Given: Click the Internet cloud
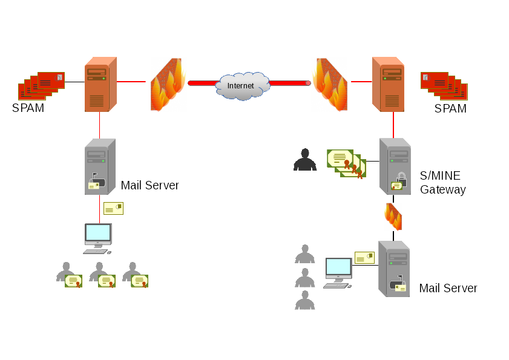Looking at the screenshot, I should pyautogui.click(x=241, y=85).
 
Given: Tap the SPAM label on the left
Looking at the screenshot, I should pyautogui.click(x=28, y=108).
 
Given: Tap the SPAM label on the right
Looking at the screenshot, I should pyautogui.click(x=450, y=109).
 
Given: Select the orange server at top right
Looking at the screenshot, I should pyautogui.click(x=388, y=85).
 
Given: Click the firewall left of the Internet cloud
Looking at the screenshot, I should pyautogui.click(x=167, y=85).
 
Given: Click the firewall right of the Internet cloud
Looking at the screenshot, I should pyautogui.click(x=330, y=85).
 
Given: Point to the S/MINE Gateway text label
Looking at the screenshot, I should pyautogui.click(x=442, y=183).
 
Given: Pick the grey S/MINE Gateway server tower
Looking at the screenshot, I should pyautogui.click(x=395, y=166).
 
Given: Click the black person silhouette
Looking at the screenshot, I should pyautogui.click(x=304, y=160).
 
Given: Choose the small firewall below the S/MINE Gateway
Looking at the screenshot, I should pyautogui.click(x=393, y=217).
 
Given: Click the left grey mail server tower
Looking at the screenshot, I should pyautogui.click(x=100, y=167).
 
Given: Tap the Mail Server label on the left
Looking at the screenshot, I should pyautogui.click(x=149, y=185).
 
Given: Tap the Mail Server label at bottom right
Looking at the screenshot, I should pyautogui.click(x=448, y=288).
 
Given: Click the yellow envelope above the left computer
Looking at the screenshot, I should pyautogui.click(x=113, y=208).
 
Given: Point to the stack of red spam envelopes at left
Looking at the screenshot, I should pyautogui.click(x=41, y=86).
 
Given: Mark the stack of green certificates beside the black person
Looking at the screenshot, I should pyautogui.click(x=346, y=163).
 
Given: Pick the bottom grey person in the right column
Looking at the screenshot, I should pyautogui.click(x=304, y=299).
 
